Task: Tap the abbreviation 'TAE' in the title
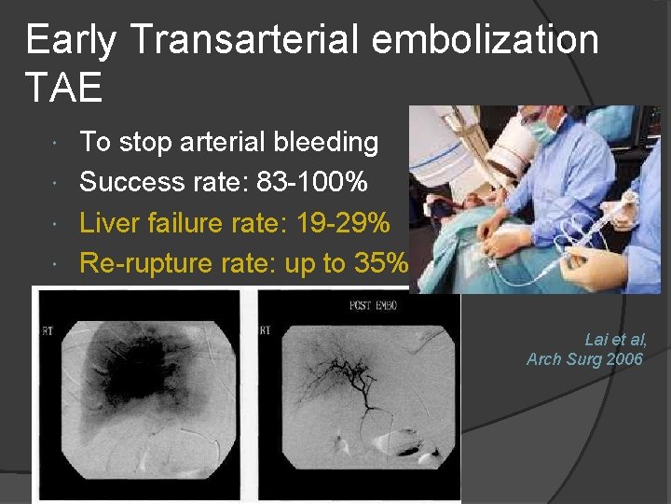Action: (64, 89)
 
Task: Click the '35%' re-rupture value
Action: (381, 263)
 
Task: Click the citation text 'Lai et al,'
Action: (615, 341)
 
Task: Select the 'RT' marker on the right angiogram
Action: (267, 330)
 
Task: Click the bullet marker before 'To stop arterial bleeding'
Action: (58, 143)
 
